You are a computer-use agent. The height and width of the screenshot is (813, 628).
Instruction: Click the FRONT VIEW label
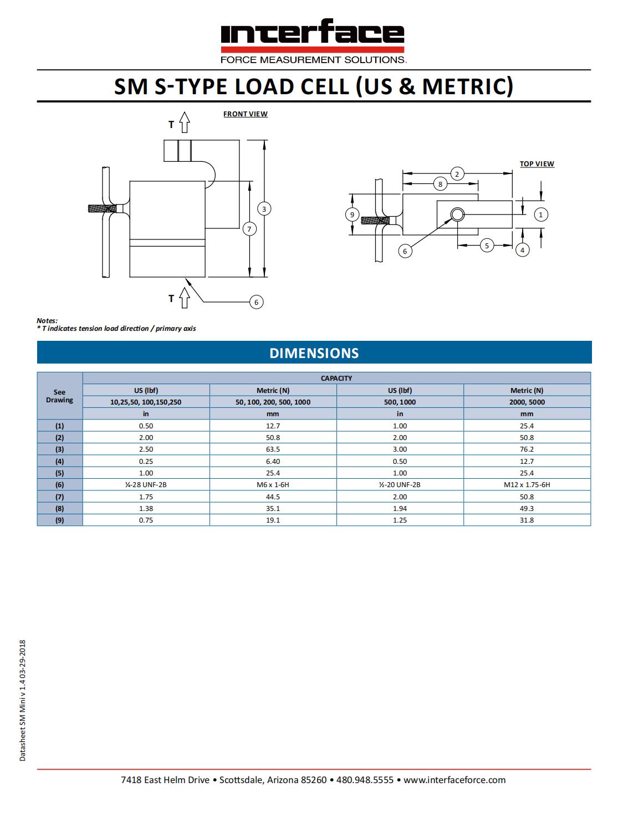coord(246,114)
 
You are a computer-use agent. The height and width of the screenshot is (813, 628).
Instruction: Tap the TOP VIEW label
coord(537,164)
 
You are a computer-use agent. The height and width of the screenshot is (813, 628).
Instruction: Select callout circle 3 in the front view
coord(264,209)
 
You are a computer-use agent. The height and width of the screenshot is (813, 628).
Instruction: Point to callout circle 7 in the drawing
coord(249,229)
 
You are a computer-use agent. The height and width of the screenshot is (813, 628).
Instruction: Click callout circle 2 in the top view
coord(457,174)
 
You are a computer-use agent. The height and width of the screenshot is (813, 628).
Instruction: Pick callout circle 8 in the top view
coord(440,184)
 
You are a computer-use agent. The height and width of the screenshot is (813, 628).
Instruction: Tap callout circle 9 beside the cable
coord(352,214)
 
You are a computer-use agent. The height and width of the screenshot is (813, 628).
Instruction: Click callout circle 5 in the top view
coord(487,245)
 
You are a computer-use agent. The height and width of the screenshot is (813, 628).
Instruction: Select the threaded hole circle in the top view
coord(457,214)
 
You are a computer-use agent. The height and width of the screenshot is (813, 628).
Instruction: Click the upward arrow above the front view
coord(185,122)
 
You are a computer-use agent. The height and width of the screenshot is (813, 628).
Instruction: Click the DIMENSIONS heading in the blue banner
coord(314,353)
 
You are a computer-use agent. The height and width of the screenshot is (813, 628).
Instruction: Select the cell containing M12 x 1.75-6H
coord(527,485)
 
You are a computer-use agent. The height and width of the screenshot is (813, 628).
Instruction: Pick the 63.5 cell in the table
coord(273,449)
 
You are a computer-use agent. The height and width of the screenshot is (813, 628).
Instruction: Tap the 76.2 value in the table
coord(527,449)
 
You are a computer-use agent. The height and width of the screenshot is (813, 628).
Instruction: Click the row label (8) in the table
coord(59,508)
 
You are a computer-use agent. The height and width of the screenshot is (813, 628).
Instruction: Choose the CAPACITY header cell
coord(336,379)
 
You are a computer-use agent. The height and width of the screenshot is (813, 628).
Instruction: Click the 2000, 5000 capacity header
coord(527,402)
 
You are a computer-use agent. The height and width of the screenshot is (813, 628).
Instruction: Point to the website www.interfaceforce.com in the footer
coord(455,780)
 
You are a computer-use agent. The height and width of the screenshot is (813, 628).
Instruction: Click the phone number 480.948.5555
coord(365,780)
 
